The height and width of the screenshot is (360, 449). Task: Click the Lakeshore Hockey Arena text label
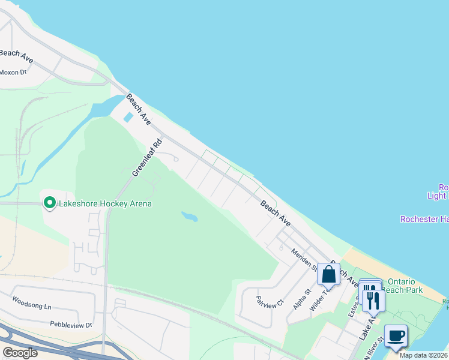click(x=104, y=203)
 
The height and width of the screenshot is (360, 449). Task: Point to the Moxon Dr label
click(x=13, y=73)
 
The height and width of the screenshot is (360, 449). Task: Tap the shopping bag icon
click(x=329, y=274)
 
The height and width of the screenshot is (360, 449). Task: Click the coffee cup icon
click(x=395, y=335)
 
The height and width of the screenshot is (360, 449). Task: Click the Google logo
click(x=20, y=353)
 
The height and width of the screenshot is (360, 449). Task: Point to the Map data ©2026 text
click(x=424, y=355)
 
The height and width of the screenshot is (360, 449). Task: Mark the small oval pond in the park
click(x=188, y=216)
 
